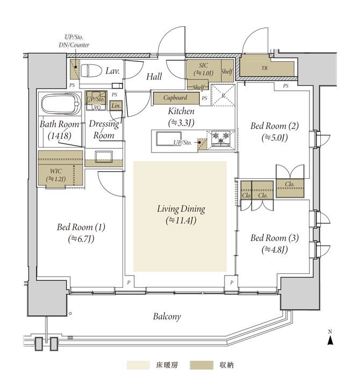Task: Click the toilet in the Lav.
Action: (89, 71)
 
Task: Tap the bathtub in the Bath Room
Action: (61, 104)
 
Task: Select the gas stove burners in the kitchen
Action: (220, 139)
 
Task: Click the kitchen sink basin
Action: (169, 139)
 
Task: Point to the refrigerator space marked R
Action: (223, 95)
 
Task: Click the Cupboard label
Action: (175, 98)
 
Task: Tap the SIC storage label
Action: (204, 69)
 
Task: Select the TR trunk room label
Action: (264, 68)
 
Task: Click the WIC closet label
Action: (56, 175)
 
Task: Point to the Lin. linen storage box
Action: (116, 106)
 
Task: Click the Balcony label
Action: (167, 316)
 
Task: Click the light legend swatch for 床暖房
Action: (138, 365)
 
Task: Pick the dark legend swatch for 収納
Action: (201, 365)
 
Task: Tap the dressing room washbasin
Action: (104, 157)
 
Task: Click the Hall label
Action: (154, 77)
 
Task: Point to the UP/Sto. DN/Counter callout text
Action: (74, 41)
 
